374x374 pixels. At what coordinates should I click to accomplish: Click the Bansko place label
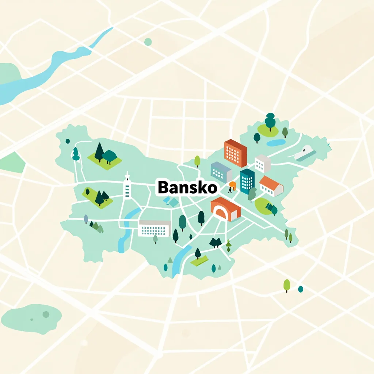coord(187,188)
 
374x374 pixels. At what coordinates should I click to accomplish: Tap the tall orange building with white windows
coord(235,153)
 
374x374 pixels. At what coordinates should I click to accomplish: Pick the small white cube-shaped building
coord(262,163)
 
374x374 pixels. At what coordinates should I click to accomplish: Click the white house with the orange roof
coord(271,186)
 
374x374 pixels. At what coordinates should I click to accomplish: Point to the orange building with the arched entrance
coord(225,209)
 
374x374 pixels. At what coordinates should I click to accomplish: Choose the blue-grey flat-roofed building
coord(221,172)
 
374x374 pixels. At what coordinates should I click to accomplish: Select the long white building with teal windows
coord(155,228)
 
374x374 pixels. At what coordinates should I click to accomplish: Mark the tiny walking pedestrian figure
coord(230,190)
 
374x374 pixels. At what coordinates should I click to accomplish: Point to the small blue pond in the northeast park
coord(276,142)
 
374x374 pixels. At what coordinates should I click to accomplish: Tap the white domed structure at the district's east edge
coord(305,152)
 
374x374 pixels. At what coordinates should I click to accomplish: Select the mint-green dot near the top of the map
coord(148,42)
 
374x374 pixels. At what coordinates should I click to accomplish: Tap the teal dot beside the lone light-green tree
coord(301,289)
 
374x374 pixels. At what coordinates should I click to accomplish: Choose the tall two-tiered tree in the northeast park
coord(270,121)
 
